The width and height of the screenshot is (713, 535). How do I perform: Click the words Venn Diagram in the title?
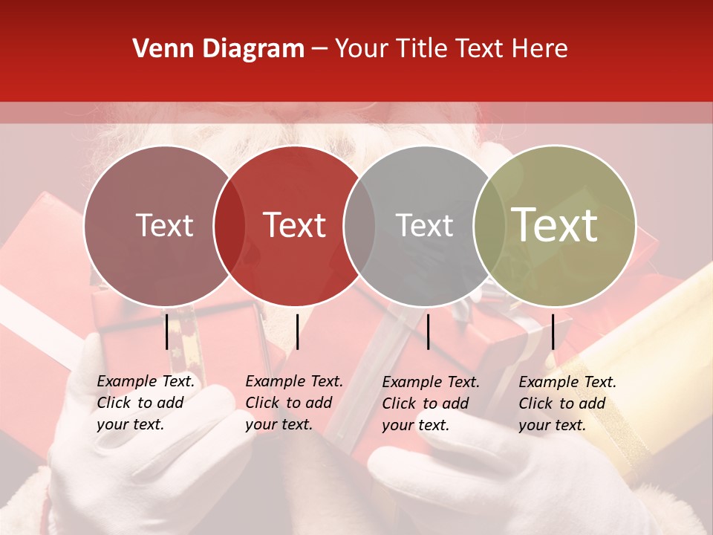[218, 49]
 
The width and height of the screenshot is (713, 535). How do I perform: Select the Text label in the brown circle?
[164, 226]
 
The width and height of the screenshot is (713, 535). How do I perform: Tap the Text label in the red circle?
[295, 226]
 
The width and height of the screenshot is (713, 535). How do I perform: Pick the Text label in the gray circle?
[424, 226]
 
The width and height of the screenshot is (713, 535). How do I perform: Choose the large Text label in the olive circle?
[555, 225]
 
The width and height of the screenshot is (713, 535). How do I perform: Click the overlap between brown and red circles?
[229, 226]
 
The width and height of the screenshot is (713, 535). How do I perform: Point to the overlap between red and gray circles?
[359, 226]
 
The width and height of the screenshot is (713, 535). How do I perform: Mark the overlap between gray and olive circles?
[489, 226]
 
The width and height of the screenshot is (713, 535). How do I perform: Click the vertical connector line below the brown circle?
[167, 331]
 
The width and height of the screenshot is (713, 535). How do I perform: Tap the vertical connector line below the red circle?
[297, 331]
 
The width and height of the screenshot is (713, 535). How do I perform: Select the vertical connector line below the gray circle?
[429, 331]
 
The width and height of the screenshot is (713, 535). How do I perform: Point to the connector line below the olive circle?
[553, 331]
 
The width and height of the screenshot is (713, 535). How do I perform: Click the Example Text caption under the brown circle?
[146, 403]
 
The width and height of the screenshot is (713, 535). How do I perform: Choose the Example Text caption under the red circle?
[294, 403]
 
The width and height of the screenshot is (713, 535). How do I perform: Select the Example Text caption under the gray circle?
[431, 403]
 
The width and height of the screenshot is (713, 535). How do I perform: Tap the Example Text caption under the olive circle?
[567, 403]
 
